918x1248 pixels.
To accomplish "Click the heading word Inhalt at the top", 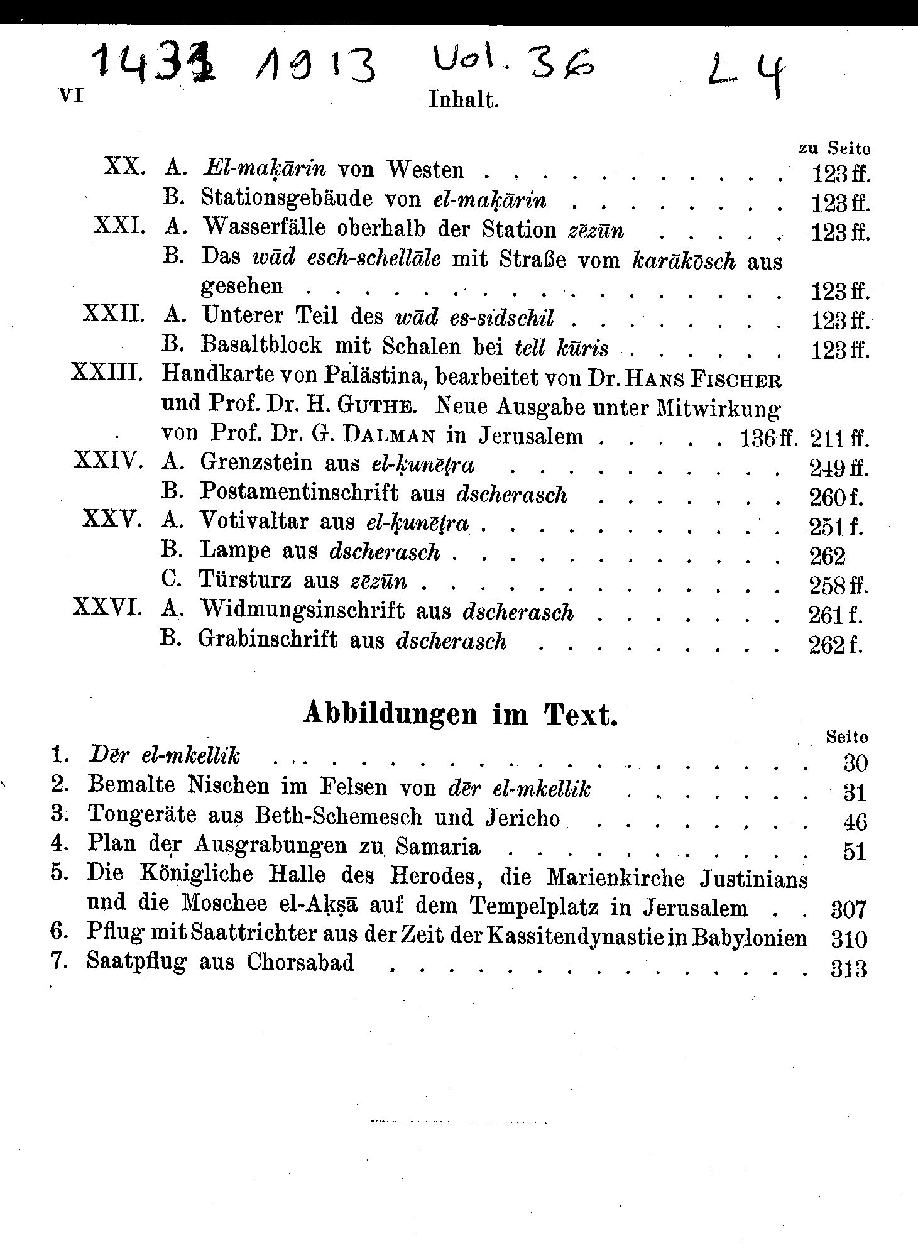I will point(463,100).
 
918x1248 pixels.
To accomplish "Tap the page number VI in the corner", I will point(70,96).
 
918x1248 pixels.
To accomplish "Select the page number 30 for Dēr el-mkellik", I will point(855,763).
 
